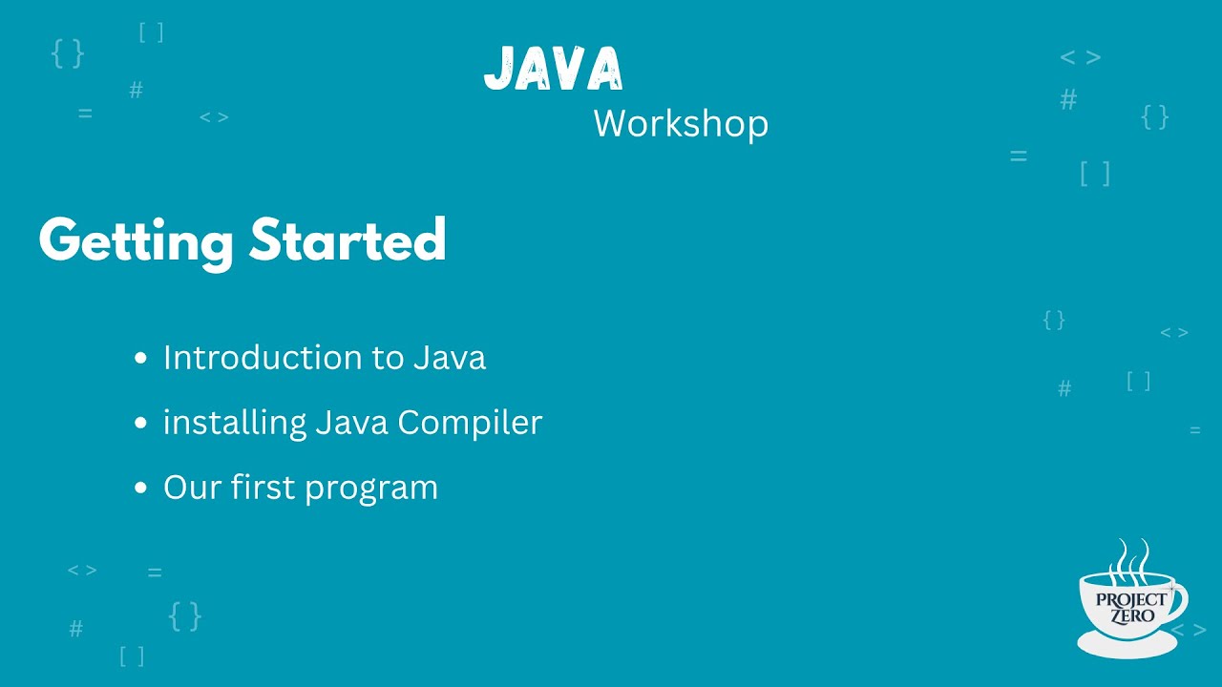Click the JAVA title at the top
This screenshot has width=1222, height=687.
pyautogui.click(x=554, y=69)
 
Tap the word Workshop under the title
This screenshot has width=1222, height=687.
pyautogui.click(x=681, y=124)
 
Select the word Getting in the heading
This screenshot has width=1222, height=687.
pyautogui.click(x=136, y=240)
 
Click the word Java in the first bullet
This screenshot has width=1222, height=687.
pyautogui.click(x=450, y=358)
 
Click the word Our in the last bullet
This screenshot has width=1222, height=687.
pyautogui.click(x=192, y=488)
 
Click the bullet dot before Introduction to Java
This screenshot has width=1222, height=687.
pyautogui.click(x=141, y=359)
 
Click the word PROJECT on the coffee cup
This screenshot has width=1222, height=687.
pyautogui.click(x=1130, y=599)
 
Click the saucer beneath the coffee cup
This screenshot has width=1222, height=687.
pyautogui.click(x=1127, y=646)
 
